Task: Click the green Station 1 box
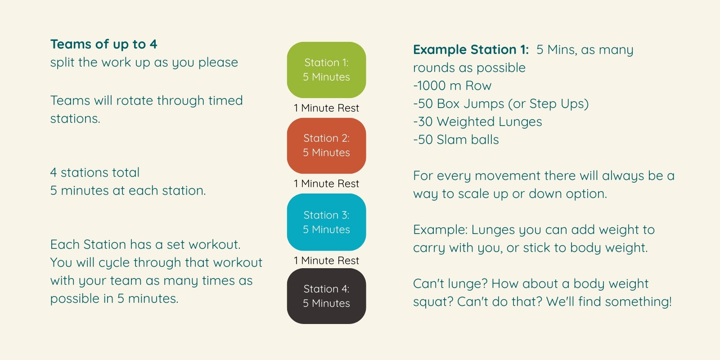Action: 326,70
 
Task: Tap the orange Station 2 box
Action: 326,146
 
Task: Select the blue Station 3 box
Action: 326,222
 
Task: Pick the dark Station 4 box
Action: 326,296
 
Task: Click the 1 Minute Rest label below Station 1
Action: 326,108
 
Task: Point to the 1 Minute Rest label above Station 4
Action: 326,261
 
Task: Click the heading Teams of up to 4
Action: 103,45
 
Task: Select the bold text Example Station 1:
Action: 471,50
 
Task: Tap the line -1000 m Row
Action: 452,86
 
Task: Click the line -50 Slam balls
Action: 456,140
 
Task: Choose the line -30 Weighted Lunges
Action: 477,122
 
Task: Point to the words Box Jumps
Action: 471,104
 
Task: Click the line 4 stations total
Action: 95,173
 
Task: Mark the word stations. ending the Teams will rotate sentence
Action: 75,119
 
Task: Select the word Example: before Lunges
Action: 441,230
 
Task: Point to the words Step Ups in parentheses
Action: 558,104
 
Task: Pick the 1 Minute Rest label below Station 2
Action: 326,184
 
